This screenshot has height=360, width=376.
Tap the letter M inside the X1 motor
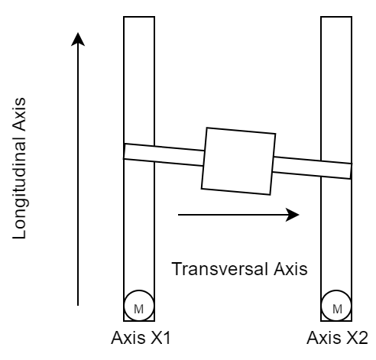tap(138, 310)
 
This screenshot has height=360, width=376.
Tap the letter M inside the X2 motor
tap(337, 310)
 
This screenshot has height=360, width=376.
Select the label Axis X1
tap(141, 338)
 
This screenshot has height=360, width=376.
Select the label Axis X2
tap(337, 338)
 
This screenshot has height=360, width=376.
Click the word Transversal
tap(220, 269)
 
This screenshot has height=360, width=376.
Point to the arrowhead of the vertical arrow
tap(78, 33)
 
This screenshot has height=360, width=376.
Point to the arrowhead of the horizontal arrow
tap(299, 215)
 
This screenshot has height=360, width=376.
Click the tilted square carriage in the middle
tap(238, 161)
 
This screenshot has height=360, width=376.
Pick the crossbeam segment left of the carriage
tap(164, 155)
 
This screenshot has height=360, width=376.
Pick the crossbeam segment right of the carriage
tap(312, 167)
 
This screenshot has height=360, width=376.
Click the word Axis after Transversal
tap(290, 269)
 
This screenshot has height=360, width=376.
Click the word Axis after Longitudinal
tap(19, 115)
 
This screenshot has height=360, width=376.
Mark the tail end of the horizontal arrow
tap(178, 215)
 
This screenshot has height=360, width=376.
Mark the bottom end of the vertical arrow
tap(78, 305)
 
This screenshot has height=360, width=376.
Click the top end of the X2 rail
tap(336, 17)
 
